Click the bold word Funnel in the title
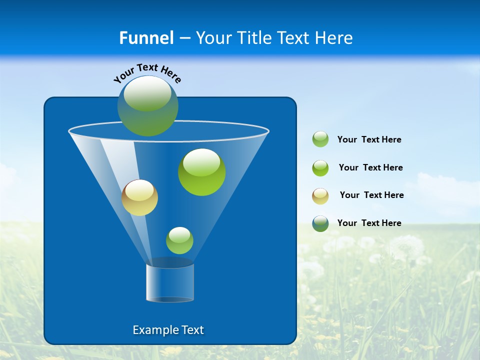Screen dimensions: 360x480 pyautogui.click(x=146, y=38)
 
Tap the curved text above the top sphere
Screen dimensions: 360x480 pyautogui.click(x=147, y=73)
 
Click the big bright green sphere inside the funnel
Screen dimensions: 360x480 pyautogui.click(x=201, y=172)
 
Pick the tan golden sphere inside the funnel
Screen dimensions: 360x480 pyautogui.click(x=139, y=198)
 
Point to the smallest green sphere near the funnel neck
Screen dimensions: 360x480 pyautogui.click(x=179, y=240)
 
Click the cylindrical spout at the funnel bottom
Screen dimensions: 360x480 pyautogui.click(x=170, y=283)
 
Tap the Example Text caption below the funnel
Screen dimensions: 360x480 pyautogui.click(x=168, y=330)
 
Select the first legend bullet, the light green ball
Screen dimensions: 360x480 pyautogui.click(x=320, y=139)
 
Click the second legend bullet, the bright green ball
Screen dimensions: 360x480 pyautogui.click(x=320, y=168)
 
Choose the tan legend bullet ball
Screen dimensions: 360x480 pyautogui.click(x=320, y=196)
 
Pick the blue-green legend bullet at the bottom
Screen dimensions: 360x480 pyautogui.click(x=320, y=223)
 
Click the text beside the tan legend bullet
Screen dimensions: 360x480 pyautogui.click(x=371, y=195)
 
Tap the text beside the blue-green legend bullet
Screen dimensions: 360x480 pyautogui.click(x=369, y=223)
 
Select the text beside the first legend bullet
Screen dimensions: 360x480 pyautogui.click(x=369, y=139)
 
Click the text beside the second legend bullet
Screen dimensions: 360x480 pyautogui.click(x=370, y=167)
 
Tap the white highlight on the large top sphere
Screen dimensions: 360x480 pyautogui.click(x=147, y=94)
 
